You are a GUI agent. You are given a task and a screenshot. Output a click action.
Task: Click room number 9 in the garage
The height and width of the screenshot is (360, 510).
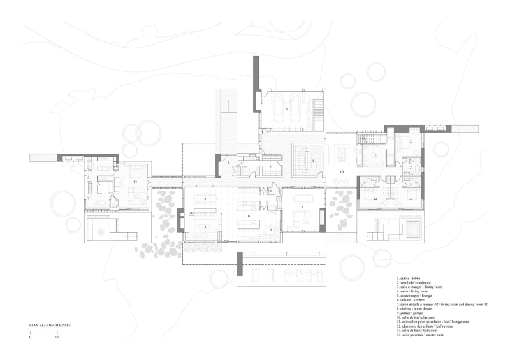(288, 110)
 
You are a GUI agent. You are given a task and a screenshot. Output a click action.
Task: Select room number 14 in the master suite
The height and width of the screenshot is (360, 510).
(135, 182)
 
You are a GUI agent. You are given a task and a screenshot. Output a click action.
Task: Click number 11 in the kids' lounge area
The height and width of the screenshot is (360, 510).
(376, 155)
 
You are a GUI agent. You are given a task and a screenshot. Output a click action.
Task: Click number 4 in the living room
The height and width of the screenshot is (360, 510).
(205, 227)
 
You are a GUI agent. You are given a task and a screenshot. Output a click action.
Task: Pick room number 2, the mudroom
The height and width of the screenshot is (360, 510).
(270, 167)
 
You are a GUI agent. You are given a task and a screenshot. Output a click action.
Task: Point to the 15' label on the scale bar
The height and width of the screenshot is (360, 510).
(57, 337)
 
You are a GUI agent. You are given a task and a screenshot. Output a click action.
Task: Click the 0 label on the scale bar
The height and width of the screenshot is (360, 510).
(30, 337)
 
